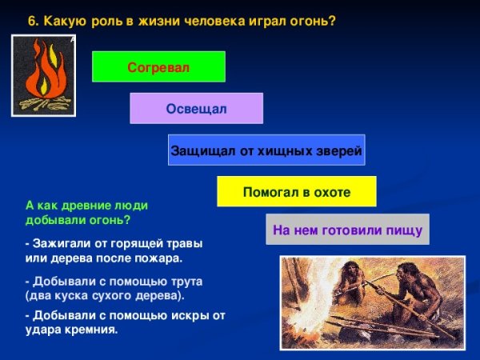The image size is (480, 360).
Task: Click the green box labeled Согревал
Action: click(x=158, y=67)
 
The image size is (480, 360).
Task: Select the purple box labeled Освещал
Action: click(x=196, y=109)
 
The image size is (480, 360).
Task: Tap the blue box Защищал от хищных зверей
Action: click(x=266, y=150)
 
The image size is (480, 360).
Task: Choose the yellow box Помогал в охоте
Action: click(x=297, y=192)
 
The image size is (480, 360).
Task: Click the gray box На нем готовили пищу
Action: click(x=347, y=230)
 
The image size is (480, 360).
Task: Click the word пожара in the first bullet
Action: click(x=159, y=258)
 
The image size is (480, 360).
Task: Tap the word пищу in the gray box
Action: click(x=403, y=230)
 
